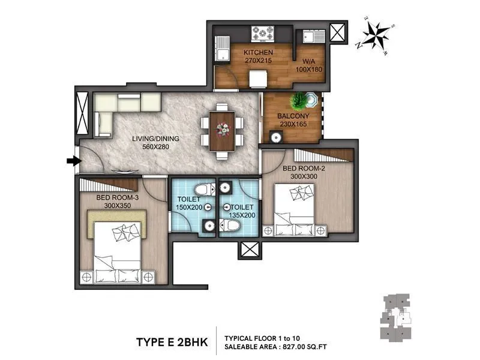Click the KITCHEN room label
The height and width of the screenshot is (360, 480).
pos(259,53)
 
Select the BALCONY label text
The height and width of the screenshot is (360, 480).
pos(293,116)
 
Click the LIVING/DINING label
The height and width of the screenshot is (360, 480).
pos(155,139)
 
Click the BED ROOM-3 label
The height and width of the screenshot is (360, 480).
pos(117,197)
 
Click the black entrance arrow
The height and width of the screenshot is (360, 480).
pos(73,161)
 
